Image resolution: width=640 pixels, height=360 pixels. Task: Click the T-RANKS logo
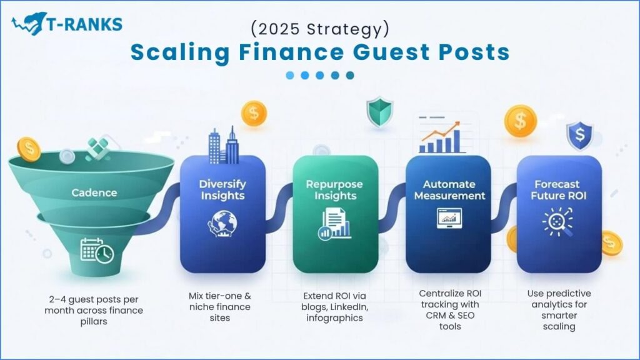[x=66, y=24]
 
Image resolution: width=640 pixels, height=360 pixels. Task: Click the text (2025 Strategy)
[x=320, y=29]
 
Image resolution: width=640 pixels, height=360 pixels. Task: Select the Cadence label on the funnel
[x=94, y=192]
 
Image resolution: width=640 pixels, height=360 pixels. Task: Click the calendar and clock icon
[x=97, y=250]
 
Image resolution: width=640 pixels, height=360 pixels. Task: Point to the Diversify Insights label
[x=222, y=190]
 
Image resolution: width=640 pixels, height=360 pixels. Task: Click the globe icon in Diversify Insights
[x=222, y=224]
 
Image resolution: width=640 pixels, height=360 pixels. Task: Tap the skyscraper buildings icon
[x=224, y=145]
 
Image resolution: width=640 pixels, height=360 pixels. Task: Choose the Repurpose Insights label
[x=335, y=190]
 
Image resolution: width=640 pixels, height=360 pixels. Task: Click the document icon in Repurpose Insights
[x=334, y=224]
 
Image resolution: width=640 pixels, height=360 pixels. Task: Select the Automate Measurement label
[x=449, y=190]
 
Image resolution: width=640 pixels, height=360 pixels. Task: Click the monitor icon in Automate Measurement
[x=449, y=218]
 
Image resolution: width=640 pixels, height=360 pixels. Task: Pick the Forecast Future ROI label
[x=558, y=190]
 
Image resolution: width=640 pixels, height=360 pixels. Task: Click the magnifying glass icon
[x=557, y=222]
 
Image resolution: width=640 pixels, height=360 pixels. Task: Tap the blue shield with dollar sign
[x=579, y=136]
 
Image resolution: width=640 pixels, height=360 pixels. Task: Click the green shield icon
[x=379, y=111]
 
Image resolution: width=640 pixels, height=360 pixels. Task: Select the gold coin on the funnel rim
[x=29, y=149]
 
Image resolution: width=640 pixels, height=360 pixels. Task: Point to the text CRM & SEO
[x=450, y=316]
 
